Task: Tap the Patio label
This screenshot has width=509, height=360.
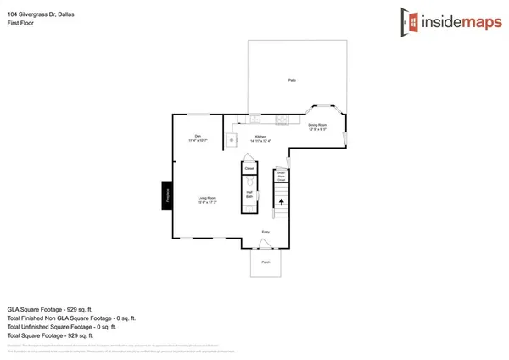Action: coord(290,82)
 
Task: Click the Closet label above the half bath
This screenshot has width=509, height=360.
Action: coord(249,169)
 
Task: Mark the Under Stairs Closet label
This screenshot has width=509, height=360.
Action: coord(281,177)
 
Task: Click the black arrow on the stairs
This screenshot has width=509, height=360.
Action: coord(281,202)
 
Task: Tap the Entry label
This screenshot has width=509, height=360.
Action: coord(266,231)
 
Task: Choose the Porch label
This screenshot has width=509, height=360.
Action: coord(266,263)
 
